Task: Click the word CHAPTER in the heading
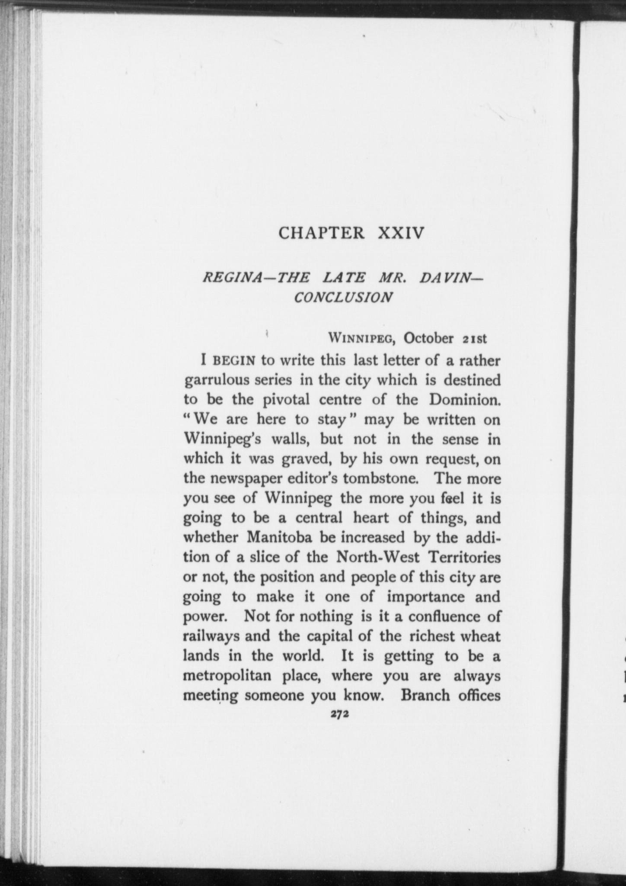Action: (322, 233)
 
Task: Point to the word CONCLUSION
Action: (343, 298)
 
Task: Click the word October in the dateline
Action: (428, 338)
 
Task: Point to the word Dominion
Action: (465, 400)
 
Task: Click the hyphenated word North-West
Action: (377, 557)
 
